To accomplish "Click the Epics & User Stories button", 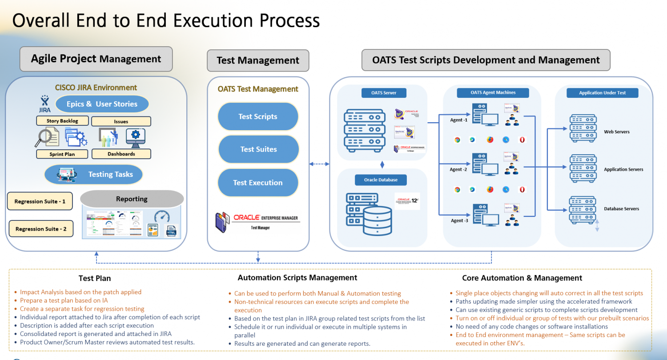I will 102,104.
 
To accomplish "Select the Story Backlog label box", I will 62,121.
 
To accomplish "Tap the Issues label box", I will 121,121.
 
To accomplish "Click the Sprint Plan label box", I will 62,154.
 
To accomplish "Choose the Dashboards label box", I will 121,154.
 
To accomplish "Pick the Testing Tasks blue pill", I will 94,174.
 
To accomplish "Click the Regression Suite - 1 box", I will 40,201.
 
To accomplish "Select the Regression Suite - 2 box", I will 41,229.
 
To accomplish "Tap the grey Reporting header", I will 132,199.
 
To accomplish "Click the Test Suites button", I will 258,149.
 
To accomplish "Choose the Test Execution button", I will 258,183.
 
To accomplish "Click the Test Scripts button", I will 258,116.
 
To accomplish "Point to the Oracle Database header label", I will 381,180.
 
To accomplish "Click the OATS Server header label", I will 384,93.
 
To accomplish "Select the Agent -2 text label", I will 458,169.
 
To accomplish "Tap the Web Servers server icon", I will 583,128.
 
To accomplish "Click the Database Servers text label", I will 621,209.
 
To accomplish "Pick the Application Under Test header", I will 603,93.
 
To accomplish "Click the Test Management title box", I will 258,60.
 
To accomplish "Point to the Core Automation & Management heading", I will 522,278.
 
